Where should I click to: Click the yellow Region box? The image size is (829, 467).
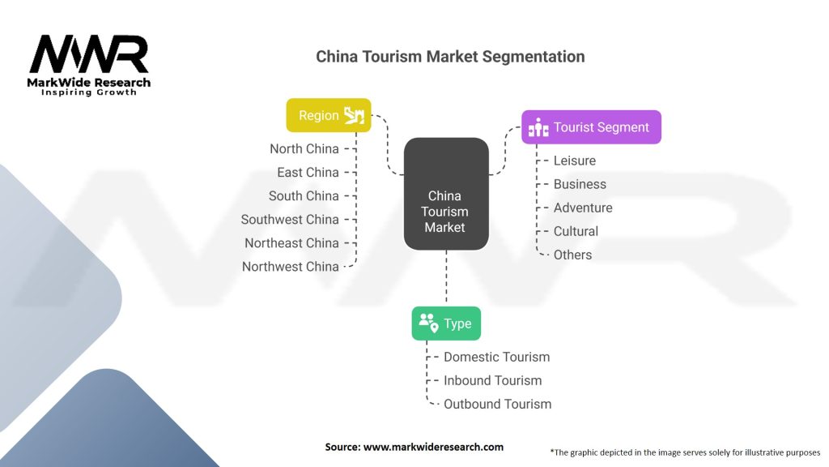329,115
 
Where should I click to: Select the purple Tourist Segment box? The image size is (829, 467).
591,127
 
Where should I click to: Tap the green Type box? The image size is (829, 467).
446,323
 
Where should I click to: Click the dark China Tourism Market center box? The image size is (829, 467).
446,194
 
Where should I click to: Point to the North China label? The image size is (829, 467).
304,149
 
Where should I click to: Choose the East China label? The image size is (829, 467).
308,172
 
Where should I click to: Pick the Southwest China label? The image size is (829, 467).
290,219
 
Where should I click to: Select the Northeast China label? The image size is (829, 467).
291,243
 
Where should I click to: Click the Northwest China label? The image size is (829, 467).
291,266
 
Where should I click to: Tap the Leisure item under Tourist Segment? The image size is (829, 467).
575,161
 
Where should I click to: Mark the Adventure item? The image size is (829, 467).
583,208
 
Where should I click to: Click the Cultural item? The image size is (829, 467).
576,231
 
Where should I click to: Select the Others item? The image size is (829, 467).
572,255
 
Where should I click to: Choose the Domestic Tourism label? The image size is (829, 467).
496,357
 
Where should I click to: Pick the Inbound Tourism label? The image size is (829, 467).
493,380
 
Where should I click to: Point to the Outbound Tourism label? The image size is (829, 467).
498,404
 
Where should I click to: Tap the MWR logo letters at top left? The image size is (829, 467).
89,54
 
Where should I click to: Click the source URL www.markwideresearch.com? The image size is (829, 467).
434,447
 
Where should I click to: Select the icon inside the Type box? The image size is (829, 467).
429,323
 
